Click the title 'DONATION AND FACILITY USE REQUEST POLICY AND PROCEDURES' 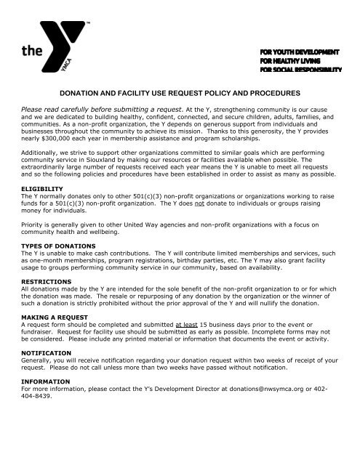(x=179, y=93)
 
